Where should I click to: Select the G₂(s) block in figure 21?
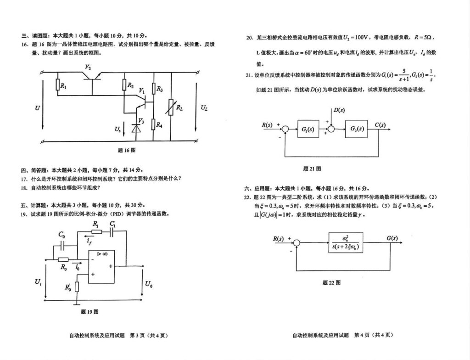[356, 129]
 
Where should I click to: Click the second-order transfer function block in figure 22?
[349, 243]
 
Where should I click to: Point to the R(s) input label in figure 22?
[279, 238]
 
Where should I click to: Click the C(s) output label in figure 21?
[380, 125]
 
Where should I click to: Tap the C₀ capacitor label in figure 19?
[62, 234]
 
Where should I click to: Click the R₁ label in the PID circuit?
[95, 224]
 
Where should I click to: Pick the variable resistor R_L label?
[179, 108]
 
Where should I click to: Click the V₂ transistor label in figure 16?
[88, 67]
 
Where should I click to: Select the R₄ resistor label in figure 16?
[159, 124]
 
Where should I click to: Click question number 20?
[250, 37]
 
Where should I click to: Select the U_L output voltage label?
[204, 108]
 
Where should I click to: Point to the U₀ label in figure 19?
[149, 284]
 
